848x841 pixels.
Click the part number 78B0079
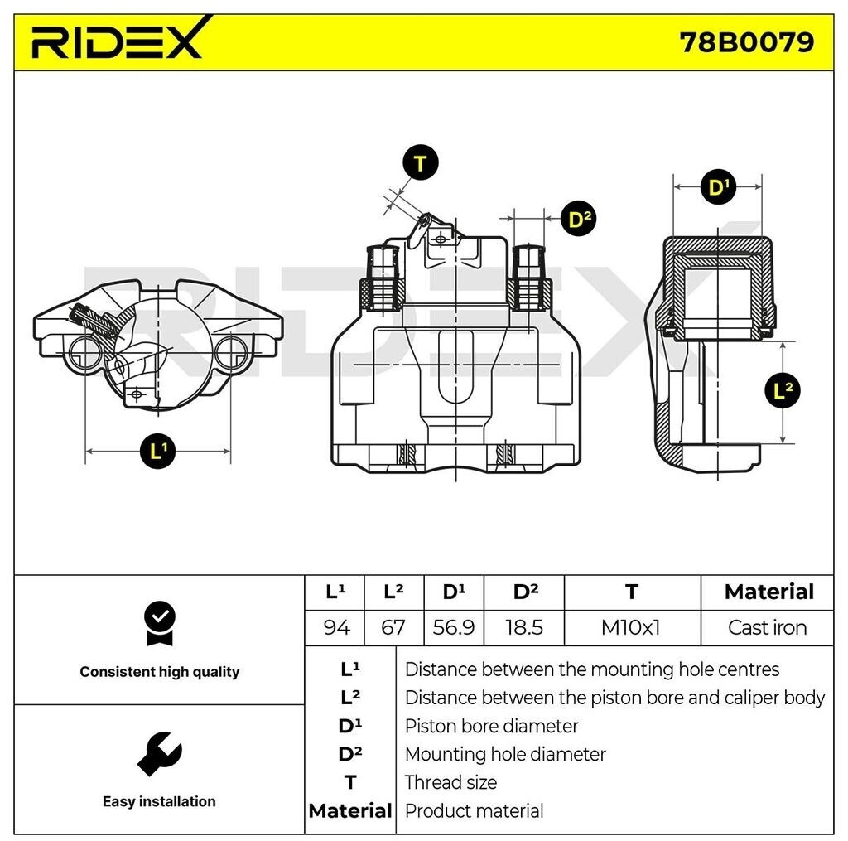tap(746, 41)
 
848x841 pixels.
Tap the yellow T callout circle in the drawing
tap(421, 164)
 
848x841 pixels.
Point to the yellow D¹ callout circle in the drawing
tap(717, 186)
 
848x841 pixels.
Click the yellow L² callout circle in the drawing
tap(783, 389)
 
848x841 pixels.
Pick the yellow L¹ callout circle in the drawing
tap(158, 451)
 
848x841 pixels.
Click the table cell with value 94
tap(335, 627)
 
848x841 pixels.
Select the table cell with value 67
tap(393, 627)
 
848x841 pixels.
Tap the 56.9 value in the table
tap(454, 627)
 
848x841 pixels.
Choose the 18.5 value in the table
tap(523, 627)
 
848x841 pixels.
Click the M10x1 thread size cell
tap(631, 627)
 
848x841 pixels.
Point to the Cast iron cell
tap(767, 627)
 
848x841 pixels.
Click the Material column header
tap(768, 592)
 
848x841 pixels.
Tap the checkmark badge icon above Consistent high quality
tap(159, 622)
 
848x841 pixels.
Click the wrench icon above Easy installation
tap(159, 753)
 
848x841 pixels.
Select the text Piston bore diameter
tap(491, 726)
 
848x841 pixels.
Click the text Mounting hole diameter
tap(505, 754)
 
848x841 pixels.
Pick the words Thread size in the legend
tap(450, 782)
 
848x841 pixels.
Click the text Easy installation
tap(159, 801)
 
